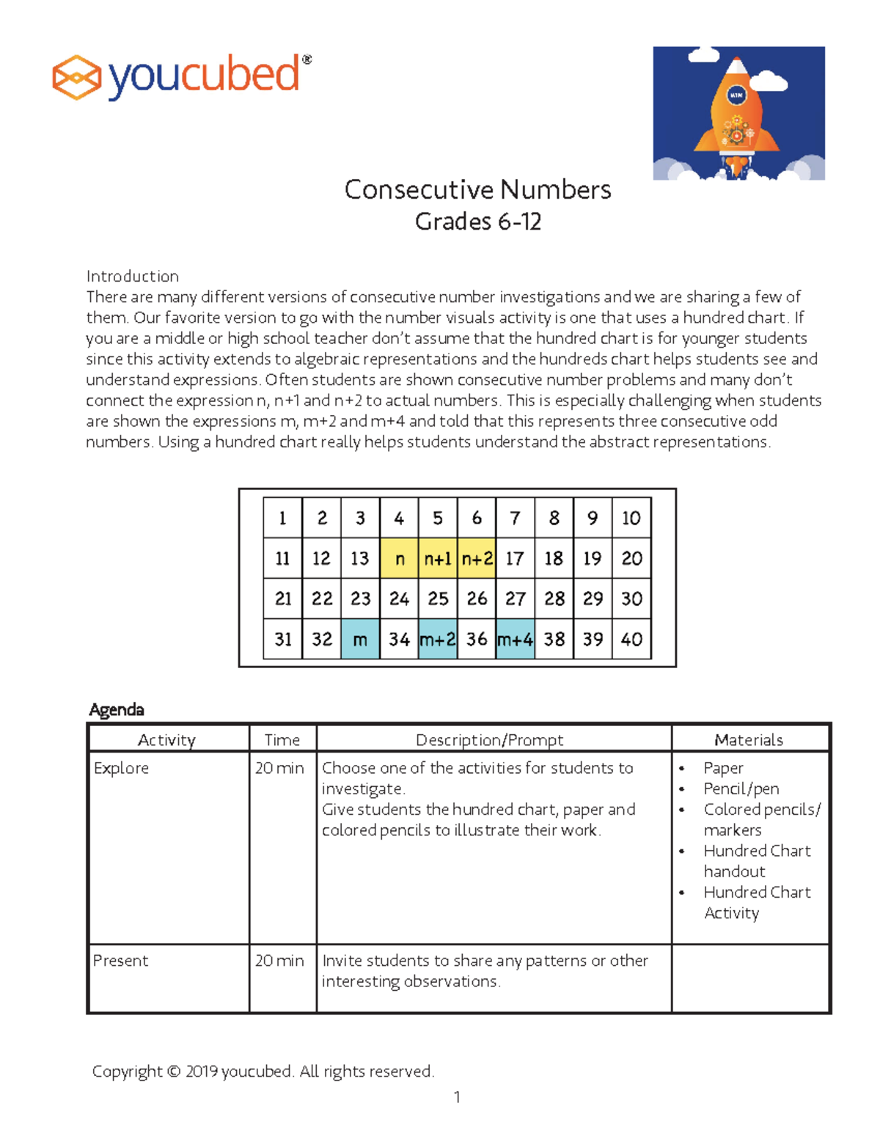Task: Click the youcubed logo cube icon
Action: (x=76, y=77)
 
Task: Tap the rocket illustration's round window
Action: (x=736, y=95)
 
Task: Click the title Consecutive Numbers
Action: (x=477, y=190)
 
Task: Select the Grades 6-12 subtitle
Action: (x=477, y=221)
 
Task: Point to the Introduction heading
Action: (x=132, y=276)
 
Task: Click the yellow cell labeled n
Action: (x=399, y=559)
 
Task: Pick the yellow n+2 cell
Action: (x=477, y=559)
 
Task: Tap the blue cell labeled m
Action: (x=360, y=640)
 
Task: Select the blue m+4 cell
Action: (x=515, y=640)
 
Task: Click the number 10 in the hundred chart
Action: (x=631, y=519)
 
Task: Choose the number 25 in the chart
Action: (x=438, y=599)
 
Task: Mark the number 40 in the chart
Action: (x=631, y=640)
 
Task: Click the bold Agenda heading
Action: (x=116, y=710)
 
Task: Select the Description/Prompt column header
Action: (x=489, y=740)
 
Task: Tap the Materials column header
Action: (x=749, y=740)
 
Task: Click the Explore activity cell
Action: (x=121, y=769)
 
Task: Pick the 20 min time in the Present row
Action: (x=279, y=961)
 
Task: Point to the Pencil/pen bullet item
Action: (x=741, y=789)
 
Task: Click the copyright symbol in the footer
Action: (x=173, y=1072)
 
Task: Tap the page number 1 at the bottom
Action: (x=457, y=1097)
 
